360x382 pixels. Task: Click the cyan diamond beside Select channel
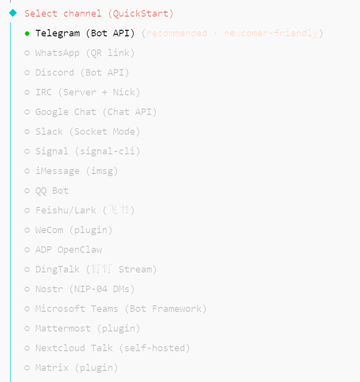point(13,13)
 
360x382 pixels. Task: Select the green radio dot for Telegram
point(27,33)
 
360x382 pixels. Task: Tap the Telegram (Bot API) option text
point(85,33)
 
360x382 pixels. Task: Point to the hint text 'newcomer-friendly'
point(271,33)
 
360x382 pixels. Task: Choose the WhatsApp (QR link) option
point(85,53)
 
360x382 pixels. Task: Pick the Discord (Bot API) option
point(82,73)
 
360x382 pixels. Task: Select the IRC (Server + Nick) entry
point(88,92)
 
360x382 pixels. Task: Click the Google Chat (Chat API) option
point(96,112)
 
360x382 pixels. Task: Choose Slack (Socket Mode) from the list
point(88,132)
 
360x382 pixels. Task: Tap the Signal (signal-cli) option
point(88,151)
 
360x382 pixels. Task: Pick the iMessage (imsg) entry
point(77,171)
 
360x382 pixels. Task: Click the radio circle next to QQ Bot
point(27,191)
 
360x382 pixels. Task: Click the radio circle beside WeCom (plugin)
point(27,230)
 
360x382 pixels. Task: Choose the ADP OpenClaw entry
point(69,250)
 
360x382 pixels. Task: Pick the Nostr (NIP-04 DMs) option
point(85,289)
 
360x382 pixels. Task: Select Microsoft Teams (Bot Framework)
point(121,309)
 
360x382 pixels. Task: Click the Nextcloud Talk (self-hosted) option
point(112,348)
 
